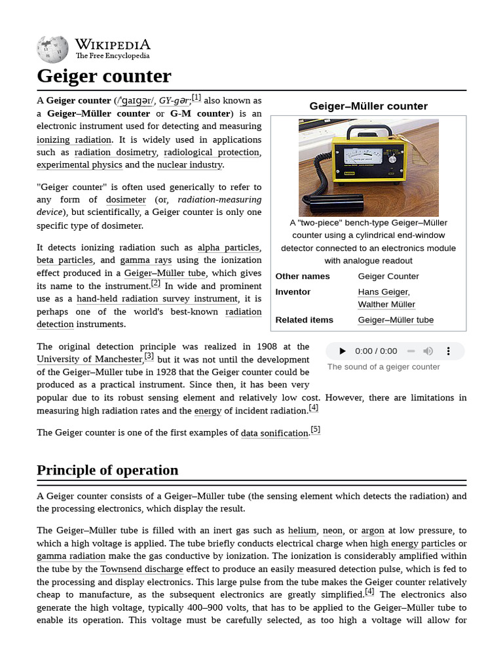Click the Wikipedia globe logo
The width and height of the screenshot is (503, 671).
pos(52,48)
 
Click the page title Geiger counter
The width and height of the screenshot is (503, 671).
pos(103,76)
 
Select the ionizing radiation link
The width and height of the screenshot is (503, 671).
pos(74,140)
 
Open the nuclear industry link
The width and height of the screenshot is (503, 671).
pos(189,164)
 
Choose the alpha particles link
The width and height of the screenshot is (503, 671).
pos(228,247)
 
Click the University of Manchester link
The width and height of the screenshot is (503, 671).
pos(89,359)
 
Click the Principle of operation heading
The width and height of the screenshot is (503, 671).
pos(107,470)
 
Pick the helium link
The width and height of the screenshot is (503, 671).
pos(303,530)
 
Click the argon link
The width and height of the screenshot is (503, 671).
pos(373,530)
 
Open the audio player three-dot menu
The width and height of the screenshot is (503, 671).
pos(449,351)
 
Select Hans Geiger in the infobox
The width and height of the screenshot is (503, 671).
pos(383,292)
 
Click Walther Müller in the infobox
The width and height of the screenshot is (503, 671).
pos(386,304)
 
